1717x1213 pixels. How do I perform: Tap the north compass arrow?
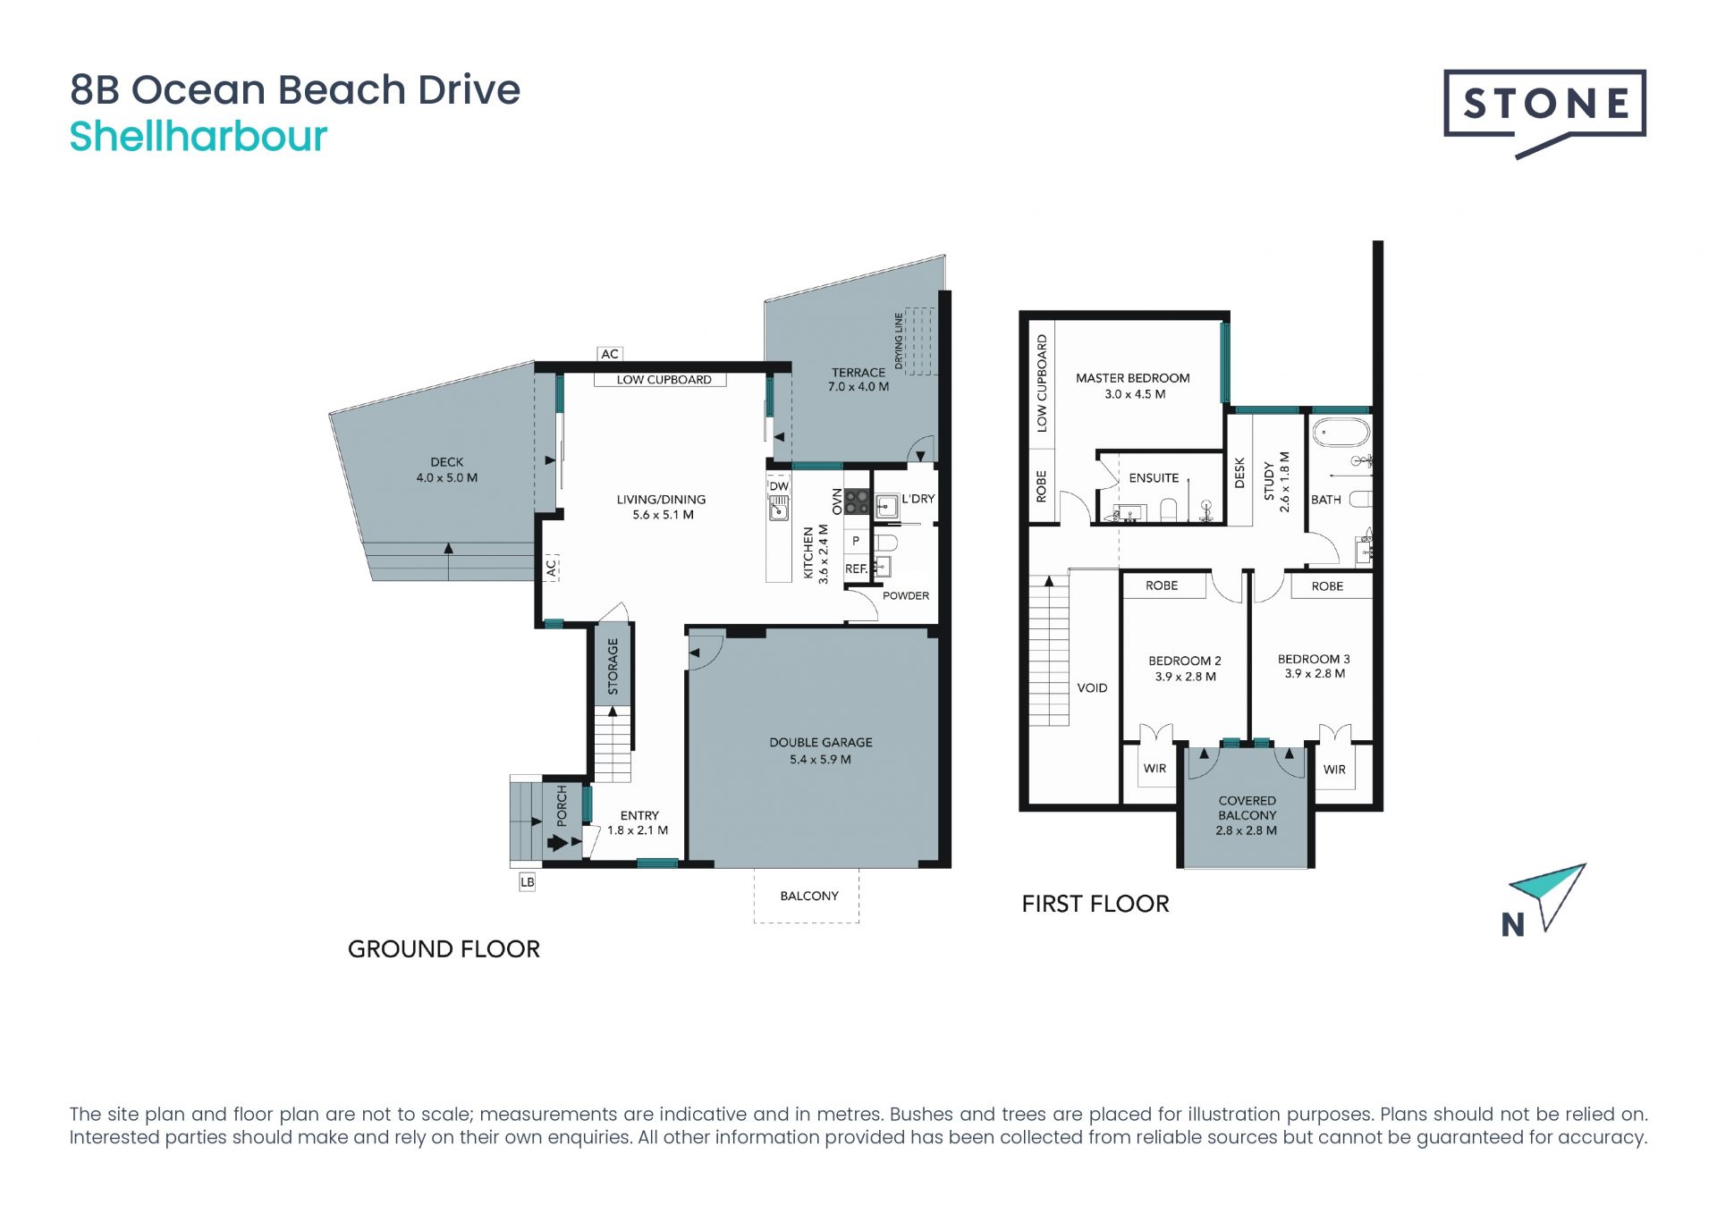point(1551,894)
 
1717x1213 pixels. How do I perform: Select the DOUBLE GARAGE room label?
point(820,742)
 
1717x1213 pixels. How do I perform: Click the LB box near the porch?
point(528,882)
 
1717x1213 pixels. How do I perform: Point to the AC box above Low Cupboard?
point(610,354)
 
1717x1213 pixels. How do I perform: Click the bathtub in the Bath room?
point(1341,434)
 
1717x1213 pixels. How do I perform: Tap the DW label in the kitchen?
point(779,486)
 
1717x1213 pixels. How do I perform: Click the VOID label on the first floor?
point(1092,688)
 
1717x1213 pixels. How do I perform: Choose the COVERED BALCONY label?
point(1247,808)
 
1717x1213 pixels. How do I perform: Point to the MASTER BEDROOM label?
point(1132,378)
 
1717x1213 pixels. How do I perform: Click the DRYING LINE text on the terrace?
point(899,341)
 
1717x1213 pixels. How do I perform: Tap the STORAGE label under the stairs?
point(613,666)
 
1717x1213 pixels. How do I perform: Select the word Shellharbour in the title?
point(199,137)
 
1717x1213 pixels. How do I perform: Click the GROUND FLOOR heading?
point(444,949)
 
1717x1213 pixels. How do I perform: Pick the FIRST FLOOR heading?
point(1095,904)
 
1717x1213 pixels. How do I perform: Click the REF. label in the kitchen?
point(856,569)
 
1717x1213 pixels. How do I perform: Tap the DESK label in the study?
point(1239,473)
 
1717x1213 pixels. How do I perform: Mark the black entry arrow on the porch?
point(559,842)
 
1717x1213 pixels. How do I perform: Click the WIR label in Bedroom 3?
point(1334,769)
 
